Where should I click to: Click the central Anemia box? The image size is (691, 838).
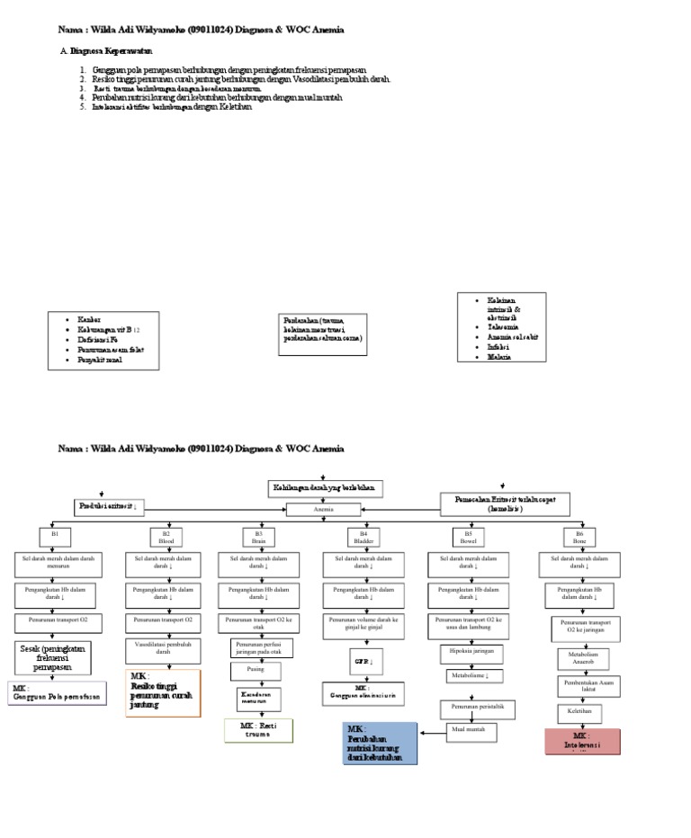[x=323, y=510]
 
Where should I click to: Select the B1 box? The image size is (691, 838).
[x=55, y=537]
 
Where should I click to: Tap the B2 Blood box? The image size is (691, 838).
[x=166, y=538]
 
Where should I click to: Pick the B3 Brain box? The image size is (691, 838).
[x=259, y=538]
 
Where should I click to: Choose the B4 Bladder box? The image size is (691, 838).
[x=363, y=538]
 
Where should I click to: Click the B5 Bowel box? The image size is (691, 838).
[x=467, y=538]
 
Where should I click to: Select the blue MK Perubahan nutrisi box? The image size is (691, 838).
[x=381, y=743]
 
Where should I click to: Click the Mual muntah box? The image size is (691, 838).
[x=469, y=729]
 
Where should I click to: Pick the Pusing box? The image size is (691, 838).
[x=255, y=671]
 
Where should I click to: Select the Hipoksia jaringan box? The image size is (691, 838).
[x=471, y=651]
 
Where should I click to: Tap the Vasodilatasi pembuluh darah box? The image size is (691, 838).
[x=164, y=648]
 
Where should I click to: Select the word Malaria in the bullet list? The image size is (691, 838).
[x=499, y=357]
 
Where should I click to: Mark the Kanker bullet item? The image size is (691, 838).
[x=89, y=320]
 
